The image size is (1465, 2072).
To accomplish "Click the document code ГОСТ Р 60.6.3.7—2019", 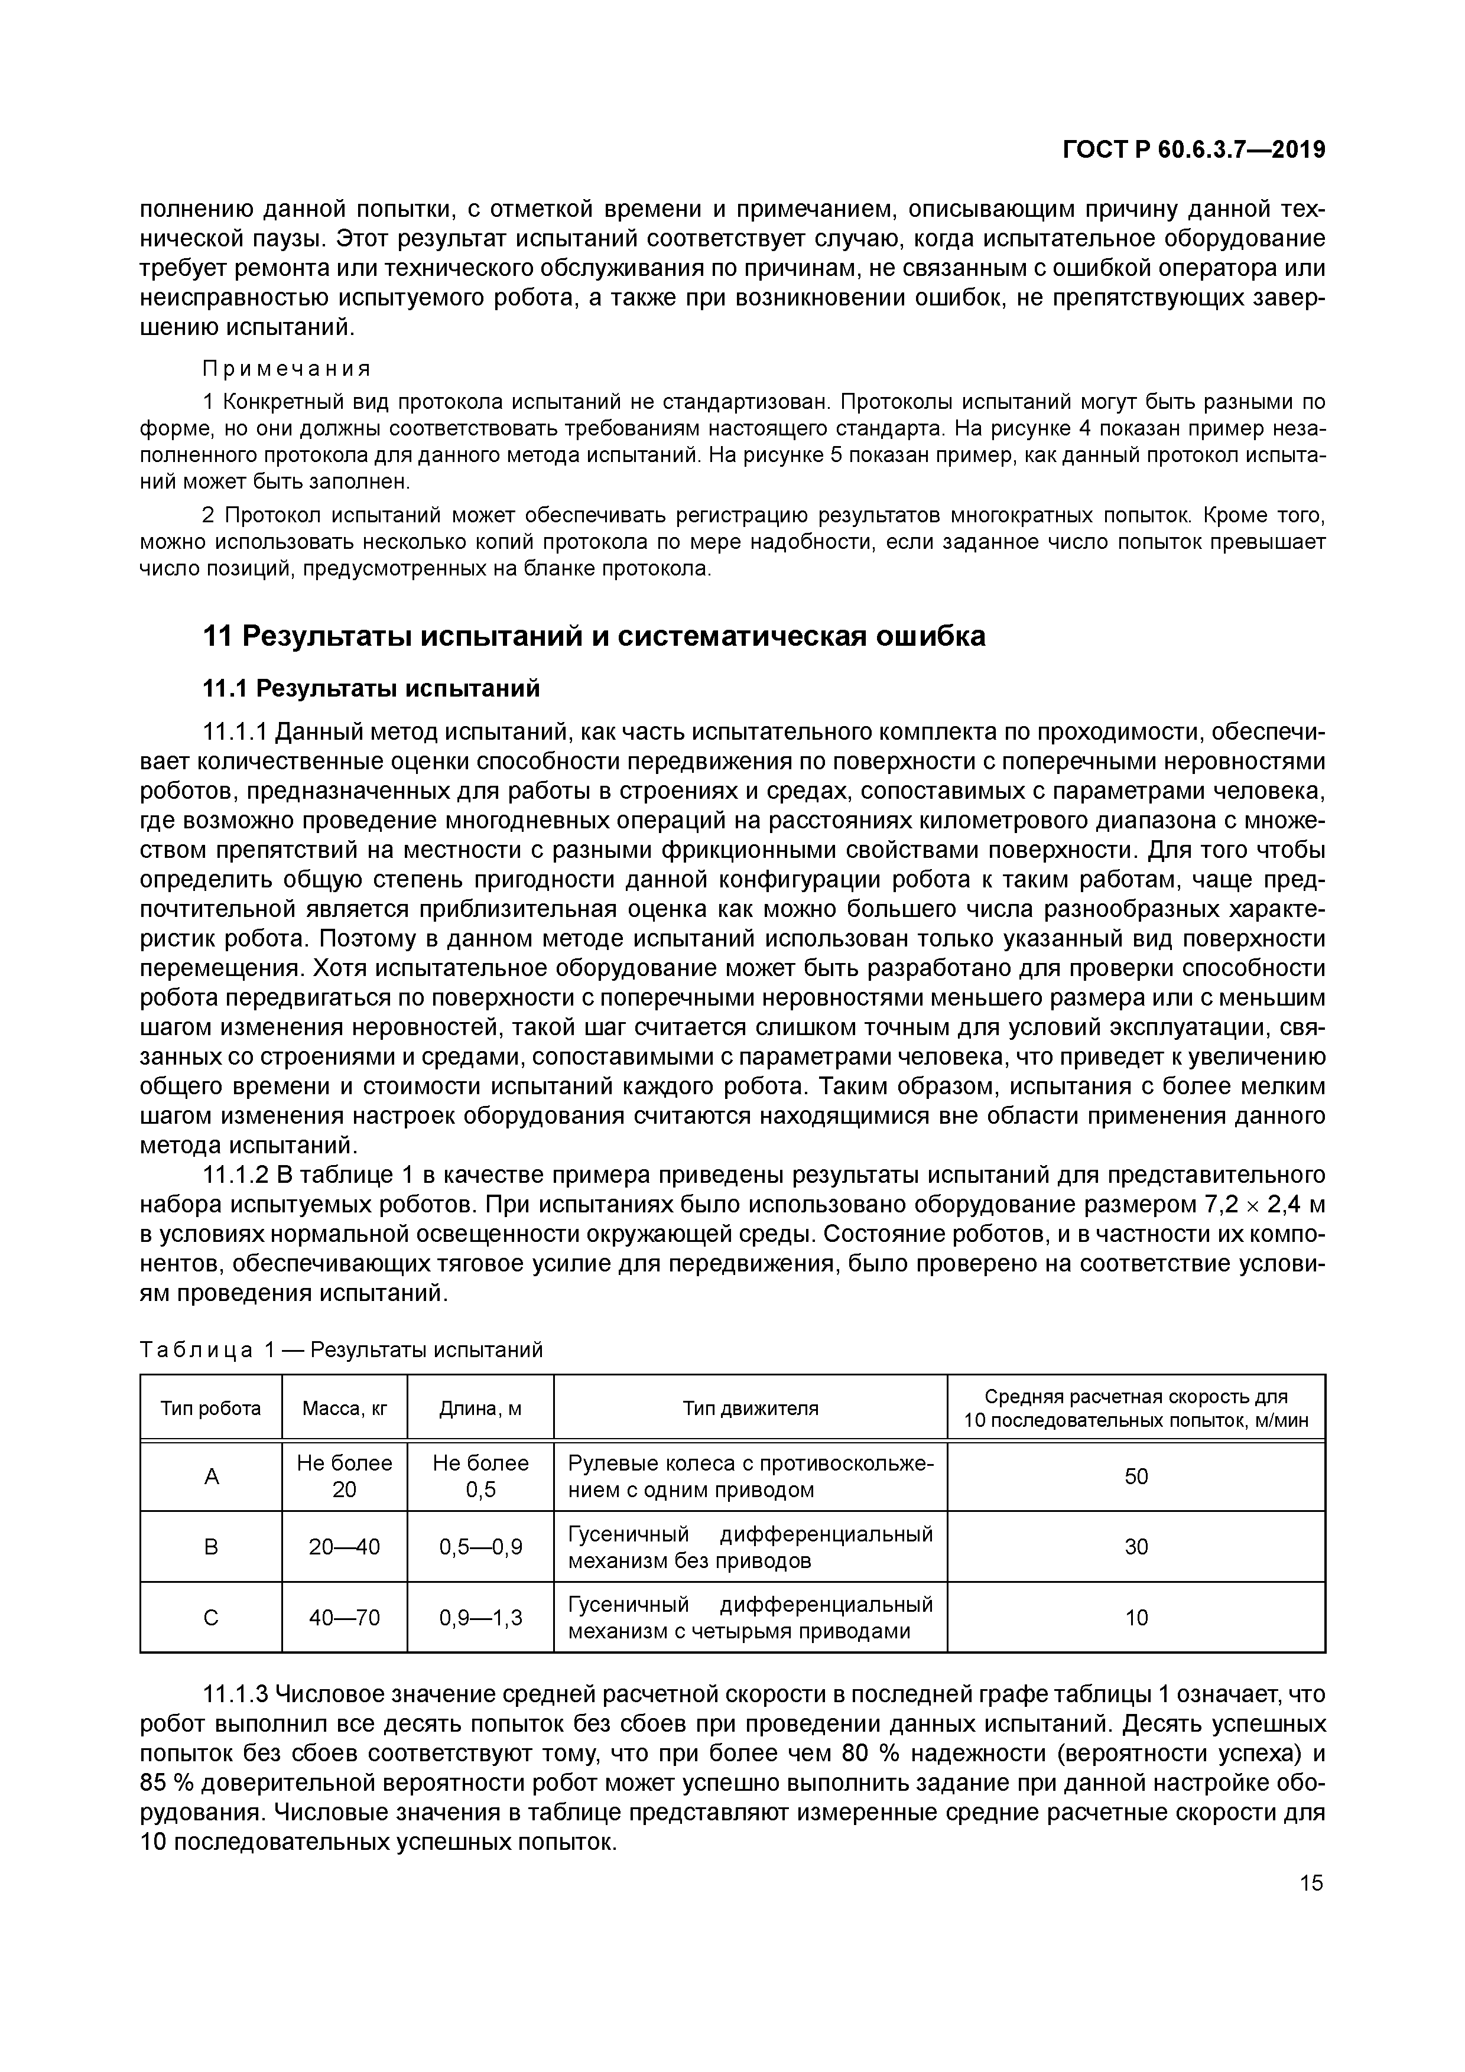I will (1193, 150).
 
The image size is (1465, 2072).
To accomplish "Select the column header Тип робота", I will (210, 1408).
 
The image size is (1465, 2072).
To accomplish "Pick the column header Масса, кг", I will (344, 1408).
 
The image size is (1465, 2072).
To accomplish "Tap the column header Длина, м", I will (480, 1408).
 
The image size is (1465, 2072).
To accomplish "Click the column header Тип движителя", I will (750, 1408).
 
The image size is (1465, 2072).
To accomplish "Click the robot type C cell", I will (211, 1618).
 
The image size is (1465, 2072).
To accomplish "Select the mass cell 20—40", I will (344, 1547).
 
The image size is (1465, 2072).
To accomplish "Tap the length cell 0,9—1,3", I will (480, 1618).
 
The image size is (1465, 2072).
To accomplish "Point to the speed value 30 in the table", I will (1135, 1547).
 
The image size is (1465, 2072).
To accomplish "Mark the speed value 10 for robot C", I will (1135, 1618).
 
